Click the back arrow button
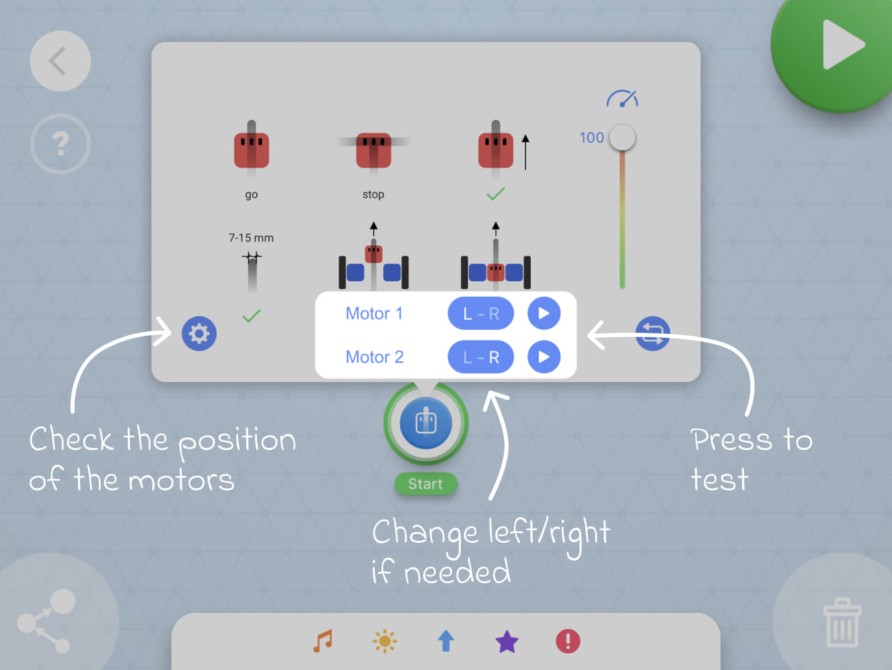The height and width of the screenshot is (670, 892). tap(60, 61)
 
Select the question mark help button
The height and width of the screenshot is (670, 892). tap(60, 143)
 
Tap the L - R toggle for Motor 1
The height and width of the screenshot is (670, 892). tap(480, 313)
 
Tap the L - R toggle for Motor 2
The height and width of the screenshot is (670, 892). tap(480, 357)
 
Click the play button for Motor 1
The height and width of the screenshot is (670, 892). tap(544, 313)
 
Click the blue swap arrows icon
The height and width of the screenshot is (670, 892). tap(653, 334)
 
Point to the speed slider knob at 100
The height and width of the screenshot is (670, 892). tap(622, 138)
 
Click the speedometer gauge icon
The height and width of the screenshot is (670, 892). tap(622, 100)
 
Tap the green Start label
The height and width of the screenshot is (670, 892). tap(425, 484)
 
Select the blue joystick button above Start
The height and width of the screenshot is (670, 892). tap(426, 423)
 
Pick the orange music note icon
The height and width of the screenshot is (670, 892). tap(323, 641)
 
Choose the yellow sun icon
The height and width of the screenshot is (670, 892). tap(385, 641)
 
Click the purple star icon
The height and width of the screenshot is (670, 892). tap(507, 642)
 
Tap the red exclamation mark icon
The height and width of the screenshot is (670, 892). tap(568, 641)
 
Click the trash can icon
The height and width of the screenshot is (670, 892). tap(842, 623)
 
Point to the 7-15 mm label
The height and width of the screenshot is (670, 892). tap(251, 238)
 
